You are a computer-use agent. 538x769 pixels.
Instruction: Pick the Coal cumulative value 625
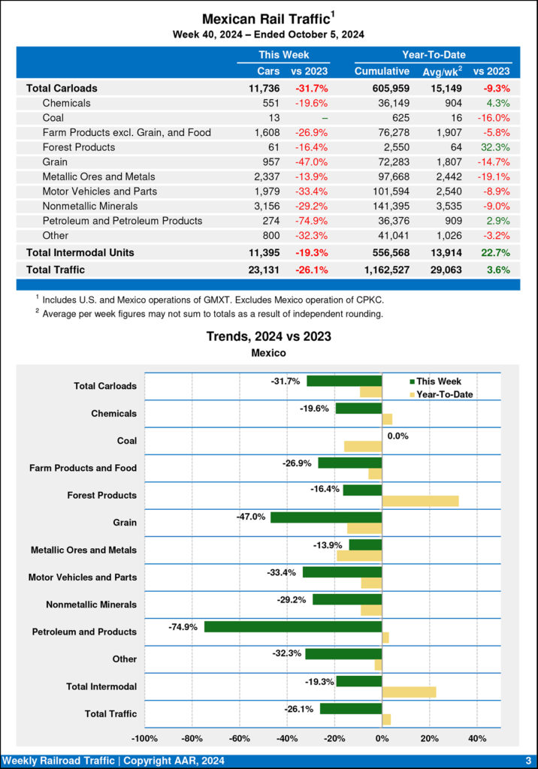click(x=399, y=118)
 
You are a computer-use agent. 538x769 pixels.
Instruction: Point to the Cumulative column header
click(x=382, y=71)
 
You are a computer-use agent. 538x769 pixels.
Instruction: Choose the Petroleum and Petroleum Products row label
click(x=122, y=221)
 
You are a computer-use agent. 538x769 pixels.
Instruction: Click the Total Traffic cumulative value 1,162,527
click(x=380, y=269)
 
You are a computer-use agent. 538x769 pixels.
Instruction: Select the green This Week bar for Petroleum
click(x=293, y=626)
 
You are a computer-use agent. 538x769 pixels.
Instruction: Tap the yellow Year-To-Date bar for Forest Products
click(x=420, y=501)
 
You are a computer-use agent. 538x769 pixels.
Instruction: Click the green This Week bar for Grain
click(x=326, y=517)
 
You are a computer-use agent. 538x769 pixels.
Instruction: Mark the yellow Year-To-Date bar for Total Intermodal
click(x=409, y=692)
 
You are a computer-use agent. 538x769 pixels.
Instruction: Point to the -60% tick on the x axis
click(x=240, y=739)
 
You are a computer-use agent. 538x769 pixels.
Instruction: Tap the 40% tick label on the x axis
click(x=477, y=739)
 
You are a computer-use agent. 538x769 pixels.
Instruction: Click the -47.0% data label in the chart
click(x=250, y=517)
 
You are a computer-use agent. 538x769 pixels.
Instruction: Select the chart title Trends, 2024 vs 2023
click(x=269, y=337)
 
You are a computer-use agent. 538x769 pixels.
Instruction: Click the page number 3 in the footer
click(x=528, y=761)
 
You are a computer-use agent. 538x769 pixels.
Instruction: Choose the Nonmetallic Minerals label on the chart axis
click(x=91, y=605)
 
